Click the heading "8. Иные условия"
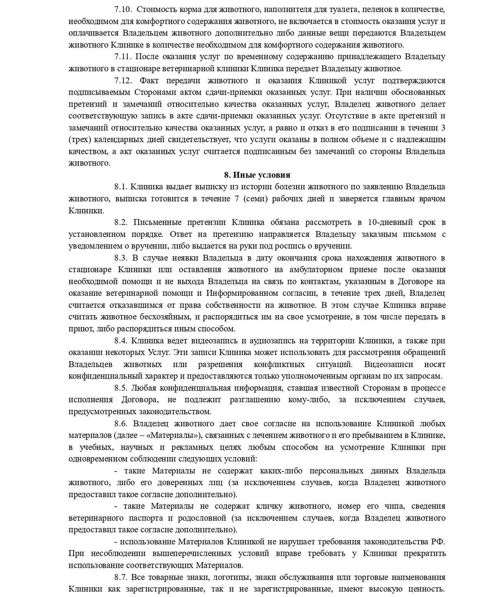[x=257, y=175]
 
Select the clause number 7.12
[x=124, y=81]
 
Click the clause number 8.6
[x=121, y=424]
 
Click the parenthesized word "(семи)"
[x=256, y=199]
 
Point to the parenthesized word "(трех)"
[x=79, y=140]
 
